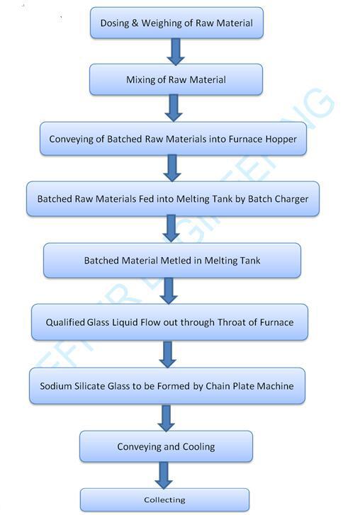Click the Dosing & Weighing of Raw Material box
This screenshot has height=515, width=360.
176,23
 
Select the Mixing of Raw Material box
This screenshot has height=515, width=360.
176,79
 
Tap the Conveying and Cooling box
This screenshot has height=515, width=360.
167,446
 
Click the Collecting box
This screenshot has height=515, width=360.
164,499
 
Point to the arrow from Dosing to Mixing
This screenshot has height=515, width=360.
176,52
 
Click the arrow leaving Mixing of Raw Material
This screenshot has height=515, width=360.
174,108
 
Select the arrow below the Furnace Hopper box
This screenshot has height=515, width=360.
172,168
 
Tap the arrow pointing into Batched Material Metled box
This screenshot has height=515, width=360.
171,229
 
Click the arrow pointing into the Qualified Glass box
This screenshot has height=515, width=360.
169,290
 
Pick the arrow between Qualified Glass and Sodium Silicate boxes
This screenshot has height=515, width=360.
167,354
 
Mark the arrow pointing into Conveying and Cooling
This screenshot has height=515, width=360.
167,418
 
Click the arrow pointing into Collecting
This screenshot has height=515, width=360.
164,475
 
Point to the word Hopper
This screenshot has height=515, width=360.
281,140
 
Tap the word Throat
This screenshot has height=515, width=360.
232,322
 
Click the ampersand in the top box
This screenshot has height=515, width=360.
135,23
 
